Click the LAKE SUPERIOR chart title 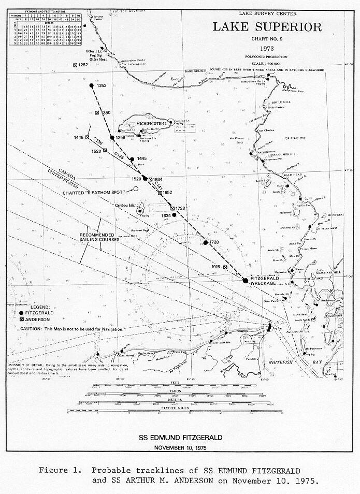point(266,27)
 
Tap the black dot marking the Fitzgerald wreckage point(246,280)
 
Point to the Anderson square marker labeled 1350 point(98,113)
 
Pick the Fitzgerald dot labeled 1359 point(112,138)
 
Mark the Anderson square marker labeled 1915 point(225,267)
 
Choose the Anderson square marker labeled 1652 point(160,192)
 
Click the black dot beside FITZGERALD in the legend point(21,313)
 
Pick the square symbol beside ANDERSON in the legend point(21,320)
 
